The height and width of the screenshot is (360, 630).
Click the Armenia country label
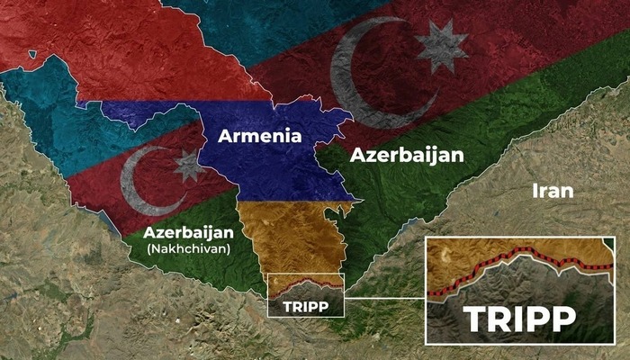[x=258, y=138]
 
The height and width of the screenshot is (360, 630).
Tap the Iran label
[x=553, y=190]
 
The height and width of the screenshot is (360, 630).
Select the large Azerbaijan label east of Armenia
[x=407, y=155]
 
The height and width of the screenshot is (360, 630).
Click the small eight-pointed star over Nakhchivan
[x=189, y=166]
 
